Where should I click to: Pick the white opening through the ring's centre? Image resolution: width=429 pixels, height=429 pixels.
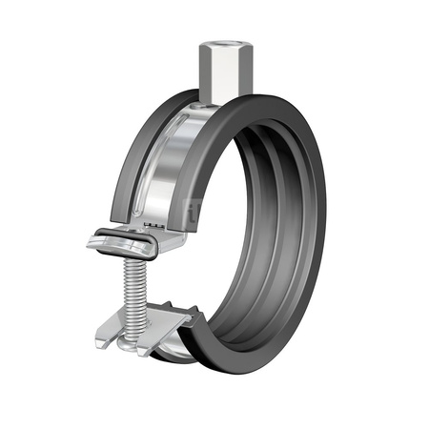point(269,219)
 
